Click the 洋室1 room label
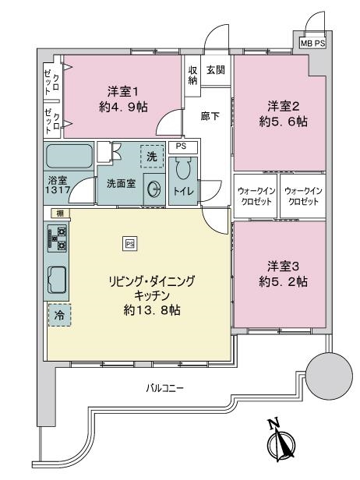click(123, 91)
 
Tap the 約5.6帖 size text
click(283, 122)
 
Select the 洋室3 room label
click(283, 266)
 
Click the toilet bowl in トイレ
click(183, 168)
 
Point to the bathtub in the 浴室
click(69, 156)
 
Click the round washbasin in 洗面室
click(154, 190)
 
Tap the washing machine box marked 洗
click(152, 157)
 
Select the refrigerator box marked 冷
click(59, 315)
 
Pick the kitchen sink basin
click(57, 280)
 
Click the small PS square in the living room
click(130, 245)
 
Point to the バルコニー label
click(164, 389)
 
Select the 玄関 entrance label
click(216, 70)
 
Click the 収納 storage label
click(192, 76)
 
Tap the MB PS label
click(312, 43)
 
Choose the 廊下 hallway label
click(210, 116)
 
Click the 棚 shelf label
click(60, 214)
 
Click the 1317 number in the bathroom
click(58, 190)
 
